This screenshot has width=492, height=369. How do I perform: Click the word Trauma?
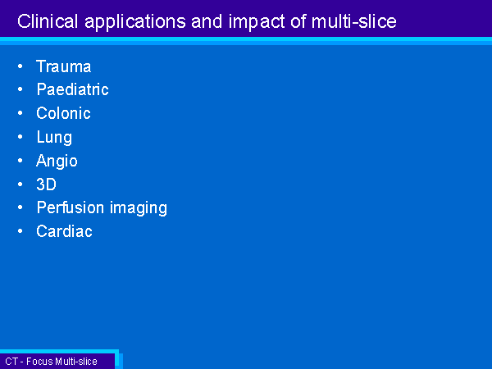(x=64, y=66)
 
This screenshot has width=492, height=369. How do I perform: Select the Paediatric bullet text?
(x=72, y=89)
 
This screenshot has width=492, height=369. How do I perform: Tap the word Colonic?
(x=63, y=113)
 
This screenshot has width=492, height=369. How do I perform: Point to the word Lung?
(x=54, y=138)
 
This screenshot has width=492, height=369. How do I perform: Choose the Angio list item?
(x=57, y=162)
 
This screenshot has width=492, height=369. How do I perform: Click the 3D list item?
(x=46, y=184)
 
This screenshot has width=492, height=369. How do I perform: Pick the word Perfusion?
(x=71, y=207)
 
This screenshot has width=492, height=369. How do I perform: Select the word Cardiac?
(x=64, y=231)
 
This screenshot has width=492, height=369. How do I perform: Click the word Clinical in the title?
(x=48, y=21)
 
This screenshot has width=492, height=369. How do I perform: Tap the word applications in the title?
(x=135, y=22)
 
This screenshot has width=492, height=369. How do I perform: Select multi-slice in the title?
(x=354, y=21)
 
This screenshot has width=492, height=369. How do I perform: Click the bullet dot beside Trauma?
(x=20, y=66)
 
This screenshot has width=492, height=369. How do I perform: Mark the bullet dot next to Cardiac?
(x=20, y=231)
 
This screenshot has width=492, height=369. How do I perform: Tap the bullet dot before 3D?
(x=20, y=184)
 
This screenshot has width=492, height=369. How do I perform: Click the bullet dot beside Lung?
(x=20, y=137)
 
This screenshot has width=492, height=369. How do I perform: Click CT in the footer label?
(x=11, y=361)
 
